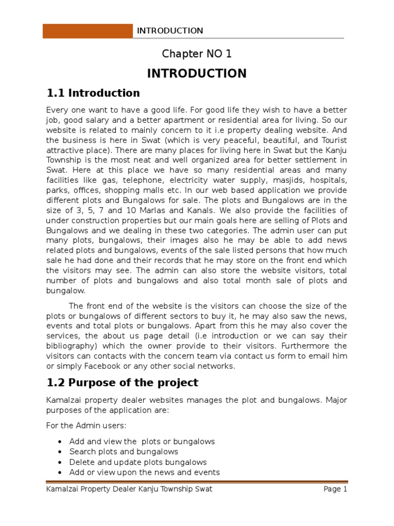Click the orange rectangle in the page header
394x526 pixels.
(87, 30)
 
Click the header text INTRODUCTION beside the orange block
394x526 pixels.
(170, 31)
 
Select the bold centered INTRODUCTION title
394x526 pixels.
(197, 73)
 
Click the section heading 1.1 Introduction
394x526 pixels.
(93, 93)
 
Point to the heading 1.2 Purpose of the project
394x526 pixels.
(122, 383)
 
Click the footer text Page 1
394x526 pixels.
(336, 489)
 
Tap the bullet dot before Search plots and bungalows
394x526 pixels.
(61, 452)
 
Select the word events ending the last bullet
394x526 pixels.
(207, 472)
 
